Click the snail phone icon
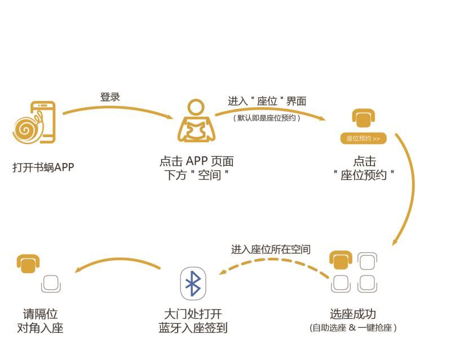pyautogui.click(x=35, y=122)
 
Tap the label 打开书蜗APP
pyautogui.click(x=43, y=167)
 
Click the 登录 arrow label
pyautogui.click(x=110, y=96)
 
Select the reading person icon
pyautogui.click(x=196, y=122)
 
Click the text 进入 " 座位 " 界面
pyautogui.click(x=267, y=102)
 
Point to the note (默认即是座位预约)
pyautogui.click(x=267, y=118)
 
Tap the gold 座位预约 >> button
pyautogui.click(x=363, y=138)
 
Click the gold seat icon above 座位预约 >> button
pyautogui.click(x=363, y=118)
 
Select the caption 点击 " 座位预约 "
pyautogui.click(x=364, y=168)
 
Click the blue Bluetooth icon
pyautogui.click(x=193, y=283)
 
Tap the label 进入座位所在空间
pyautogui.click(x=271, y=249)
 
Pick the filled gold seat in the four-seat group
pyautogui.click(x=341, y=261)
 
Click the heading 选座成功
pyautogui.click(x=353, y=314)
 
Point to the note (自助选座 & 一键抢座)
pyautogui.click(x=353, y=327)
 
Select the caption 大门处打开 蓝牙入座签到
pyautogui.click(x=193, y=321)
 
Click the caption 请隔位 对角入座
pyautogui.click(x=40, y=321)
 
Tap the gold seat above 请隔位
pyautogui.click(x=28, y=263)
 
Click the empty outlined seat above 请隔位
pyautogui.click(x=51, y=283)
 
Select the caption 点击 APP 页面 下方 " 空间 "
pyautogui.click(x=196, y=168)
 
